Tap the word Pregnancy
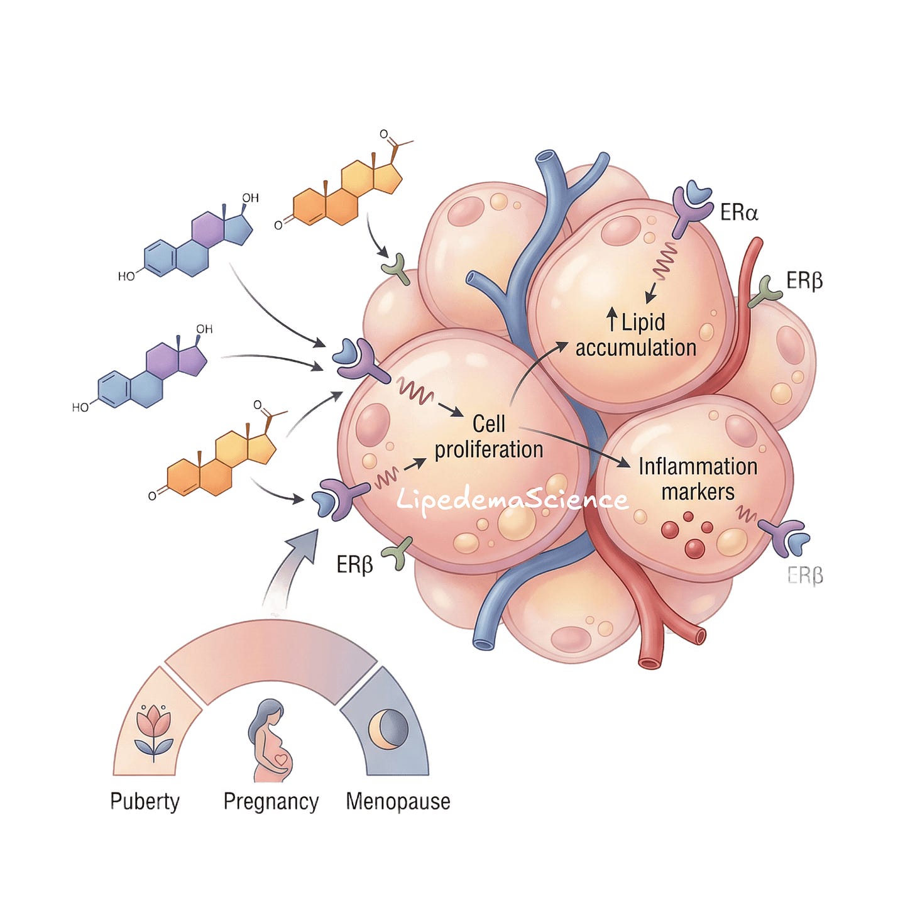click(x=271, y=803)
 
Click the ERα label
click(x=739, y=212)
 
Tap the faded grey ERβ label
click(x=805, y=576)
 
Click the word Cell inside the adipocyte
click(x=488, y=424)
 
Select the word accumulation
click(x=636, y=348)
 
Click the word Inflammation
click(x=698, y=467)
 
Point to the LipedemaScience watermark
click(x=512, y=500)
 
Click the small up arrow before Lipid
click(x=613, y=319)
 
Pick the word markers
click(x=698, y=492)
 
